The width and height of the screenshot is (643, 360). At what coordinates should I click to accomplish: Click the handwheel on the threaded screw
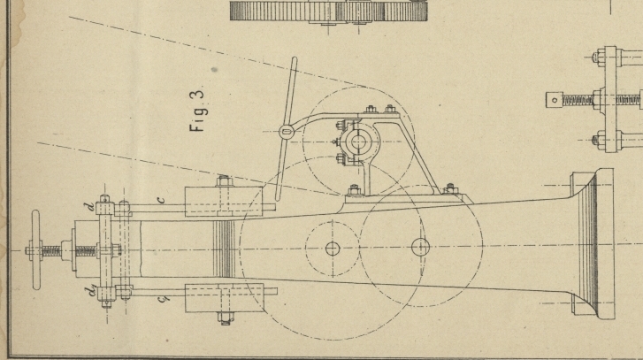coord(36,251)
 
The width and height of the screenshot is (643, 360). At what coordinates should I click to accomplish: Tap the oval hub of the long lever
coord(286,132)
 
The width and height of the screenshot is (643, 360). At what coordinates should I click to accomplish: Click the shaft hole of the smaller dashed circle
coord(333,249)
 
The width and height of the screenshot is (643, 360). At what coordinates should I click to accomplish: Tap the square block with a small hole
coord(555,99)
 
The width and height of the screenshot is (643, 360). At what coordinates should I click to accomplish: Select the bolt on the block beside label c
coord(222,183)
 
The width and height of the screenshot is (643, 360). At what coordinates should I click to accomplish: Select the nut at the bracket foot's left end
coord(355,188)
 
